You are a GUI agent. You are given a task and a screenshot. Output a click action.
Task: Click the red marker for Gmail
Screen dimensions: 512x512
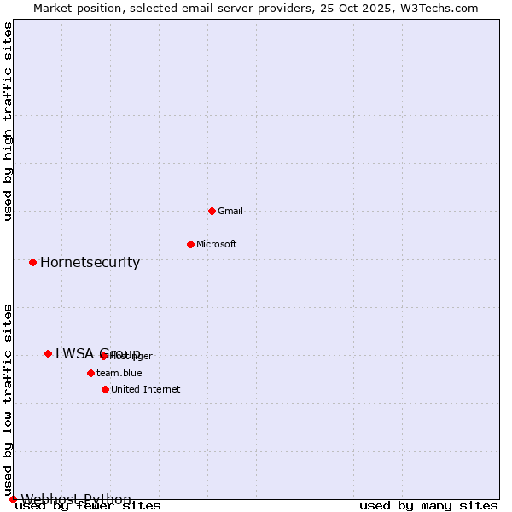[212, 211]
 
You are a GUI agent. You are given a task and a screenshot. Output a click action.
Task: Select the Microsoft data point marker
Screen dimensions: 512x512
[190, 244]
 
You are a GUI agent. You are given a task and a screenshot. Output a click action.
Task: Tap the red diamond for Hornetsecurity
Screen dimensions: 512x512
[32, 262]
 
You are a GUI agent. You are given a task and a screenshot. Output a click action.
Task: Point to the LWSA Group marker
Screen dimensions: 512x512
[48, 353]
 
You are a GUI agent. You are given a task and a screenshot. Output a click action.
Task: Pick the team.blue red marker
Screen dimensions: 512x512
[90, 373]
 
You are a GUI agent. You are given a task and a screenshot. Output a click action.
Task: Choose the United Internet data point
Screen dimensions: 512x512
[105, 389]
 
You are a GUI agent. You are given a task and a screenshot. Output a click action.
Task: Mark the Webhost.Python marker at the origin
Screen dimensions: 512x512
[13, 499]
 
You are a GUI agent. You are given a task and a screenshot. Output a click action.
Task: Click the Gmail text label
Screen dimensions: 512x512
[230, 211]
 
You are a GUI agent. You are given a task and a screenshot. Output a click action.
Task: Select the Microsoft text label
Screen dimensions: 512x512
[217, 244]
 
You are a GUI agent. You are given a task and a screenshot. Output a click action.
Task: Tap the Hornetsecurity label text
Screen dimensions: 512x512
[90, 262]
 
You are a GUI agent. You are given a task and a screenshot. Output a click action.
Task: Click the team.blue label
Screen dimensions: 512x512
[119, 373]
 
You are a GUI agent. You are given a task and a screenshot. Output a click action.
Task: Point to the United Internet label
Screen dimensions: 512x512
[146, 389]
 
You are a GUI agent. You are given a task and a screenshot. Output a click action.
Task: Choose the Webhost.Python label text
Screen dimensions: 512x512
[76, 499]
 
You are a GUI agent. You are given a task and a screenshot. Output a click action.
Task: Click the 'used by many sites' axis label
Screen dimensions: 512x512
[428, 506]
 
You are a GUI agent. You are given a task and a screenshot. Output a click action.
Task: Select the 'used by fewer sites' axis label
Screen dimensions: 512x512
[88, 506]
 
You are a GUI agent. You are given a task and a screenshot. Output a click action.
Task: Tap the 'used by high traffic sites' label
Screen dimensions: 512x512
[9, 121]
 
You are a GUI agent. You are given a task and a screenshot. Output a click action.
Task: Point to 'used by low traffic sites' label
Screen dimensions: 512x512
[9, 400]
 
